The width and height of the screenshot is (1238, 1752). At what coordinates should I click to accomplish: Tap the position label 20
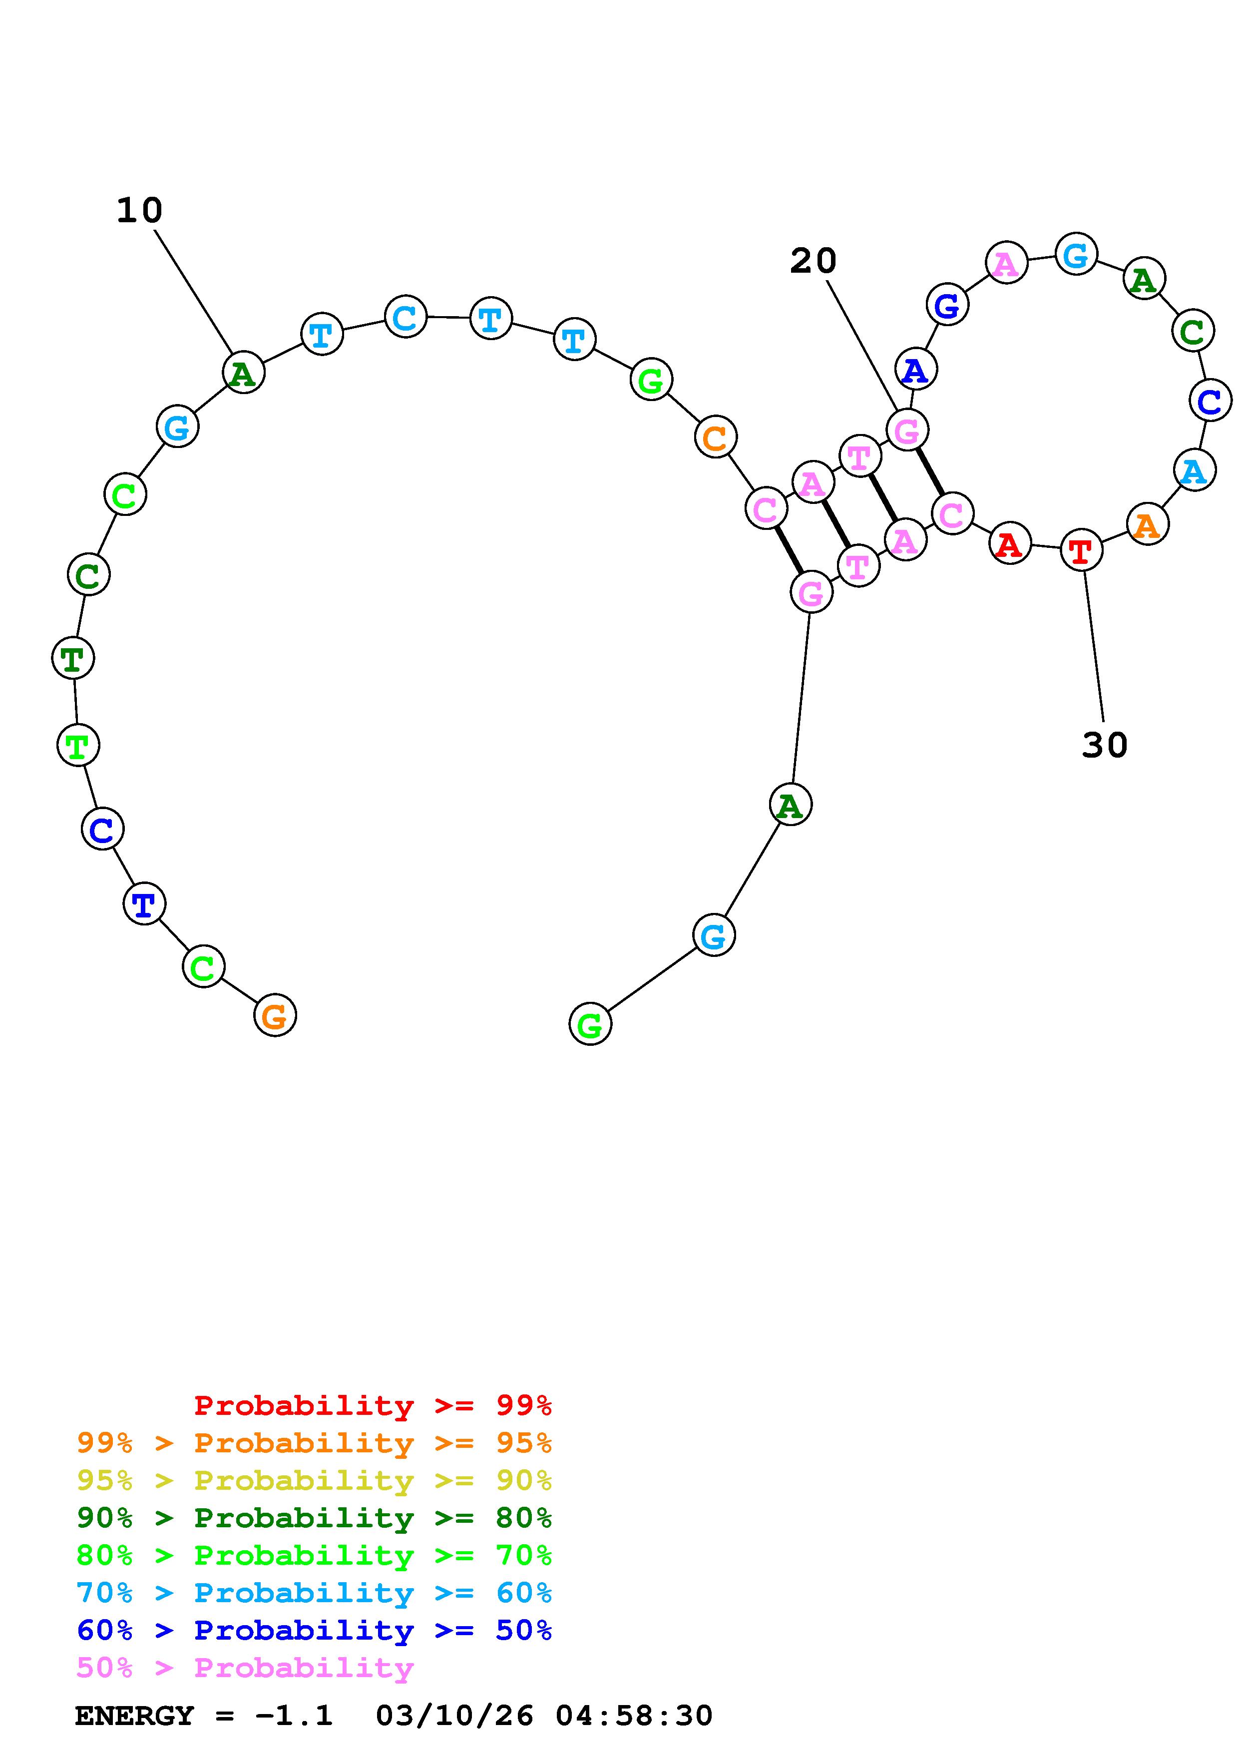coord(813,262)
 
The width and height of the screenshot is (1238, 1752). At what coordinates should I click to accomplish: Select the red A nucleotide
coord(1010,544)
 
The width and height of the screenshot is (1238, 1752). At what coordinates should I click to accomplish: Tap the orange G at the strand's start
coord(275,1016)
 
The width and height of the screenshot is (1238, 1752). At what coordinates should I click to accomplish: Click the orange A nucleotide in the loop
coord(1147,524)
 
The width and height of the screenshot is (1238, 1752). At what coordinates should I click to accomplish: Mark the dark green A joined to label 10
coord(243,373)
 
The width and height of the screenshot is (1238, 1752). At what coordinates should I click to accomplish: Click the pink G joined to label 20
coord(907,431)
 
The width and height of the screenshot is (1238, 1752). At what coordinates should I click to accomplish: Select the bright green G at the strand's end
coord(590,1025)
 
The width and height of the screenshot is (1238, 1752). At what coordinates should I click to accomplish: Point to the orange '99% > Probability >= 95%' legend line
coord(314,1444)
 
